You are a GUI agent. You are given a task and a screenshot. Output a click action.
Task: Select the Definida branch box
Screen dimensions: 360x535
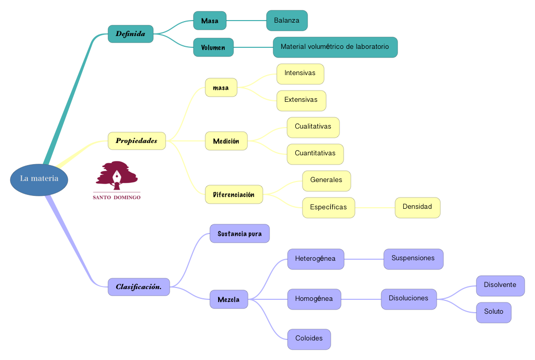coord(131,34)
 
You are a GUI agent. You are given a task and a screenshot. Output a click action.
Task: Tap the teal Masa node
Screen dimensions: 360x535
coord(210,21)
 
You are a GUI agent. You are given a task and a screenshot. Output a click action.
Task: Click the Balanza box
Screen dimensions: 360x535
coord(287,21)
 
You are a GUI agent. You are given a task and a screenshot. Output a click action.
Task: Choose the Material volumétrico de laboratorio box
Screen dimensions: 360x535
coord(335,47)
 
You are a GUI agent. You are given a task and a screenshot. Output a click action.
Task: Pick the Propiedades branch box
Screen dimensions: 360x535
coord(137,141)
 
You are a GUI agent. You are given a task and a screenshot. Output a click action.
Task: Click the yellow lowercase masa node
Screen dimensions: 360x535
coord(221,87)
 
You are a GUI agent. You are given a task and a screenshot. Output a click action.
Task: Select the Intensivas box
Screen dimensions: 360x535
coord(300,74)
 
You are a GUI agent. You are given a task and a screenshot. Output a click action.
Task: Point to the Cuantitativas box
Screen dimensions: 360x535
coord(315,154)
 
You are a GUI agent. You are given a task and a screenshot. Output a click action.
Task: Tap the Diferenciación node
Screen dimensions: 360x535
coord(234,194)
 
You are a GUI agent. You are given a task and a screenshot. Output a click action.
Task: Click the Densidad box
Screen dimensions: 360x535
coord(417,207)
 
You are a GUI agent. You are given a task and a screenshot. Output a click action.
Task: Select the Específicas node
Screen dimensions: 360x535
coord(328,208)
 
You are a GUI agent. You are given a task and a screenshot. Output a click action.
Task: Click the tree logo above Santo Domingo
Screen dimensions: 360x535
coord(117,175)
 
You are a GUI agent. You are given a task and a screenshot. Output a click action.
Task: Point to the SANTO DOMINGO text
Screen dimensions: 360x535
coord(117,197)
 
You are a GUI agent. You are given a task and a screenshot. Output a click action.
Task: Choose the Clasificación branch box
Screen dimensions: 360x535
coord(139,287)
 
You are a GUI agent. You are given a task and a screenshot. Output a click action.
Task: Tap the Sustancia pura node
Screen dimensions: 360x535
coord(239,233)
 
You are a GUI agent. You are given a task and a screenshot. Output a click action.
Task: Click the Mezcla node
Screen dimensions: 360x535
coord(228,299)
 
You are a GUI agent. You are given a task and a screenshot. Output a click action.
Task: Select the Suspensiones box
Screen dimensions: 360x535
coord(413,259)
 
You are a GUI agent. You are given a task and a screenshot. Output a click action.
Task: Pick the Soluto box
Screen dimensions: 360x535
coord(493,312)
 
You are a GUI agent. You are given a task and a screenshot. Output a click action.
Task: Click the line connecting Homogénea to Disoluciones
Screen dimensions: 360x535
coord(361,299)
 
